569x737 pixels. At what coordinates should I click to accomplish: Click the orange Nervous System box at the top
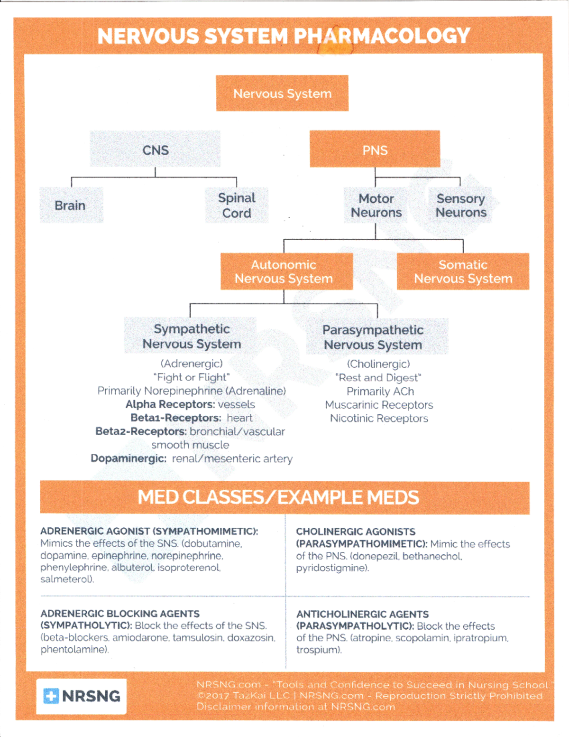click(x=282, y=93)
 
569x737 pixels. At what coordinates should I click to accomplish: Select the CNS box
click(x=156, y=149)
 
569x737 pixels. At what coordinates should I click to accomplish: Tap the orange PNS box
click(x=375, y=149)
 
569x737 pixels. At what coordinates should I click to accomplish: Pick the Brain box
click(x=71, y=205)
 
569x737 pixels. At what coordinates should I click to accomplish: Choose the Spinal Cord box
click(x=237, y=205)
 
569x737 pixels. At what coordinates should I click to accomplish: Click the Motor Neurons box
click(x=376, y=205)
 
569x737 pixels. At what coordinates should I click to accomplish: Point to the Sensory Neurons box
click(x=460, y=205)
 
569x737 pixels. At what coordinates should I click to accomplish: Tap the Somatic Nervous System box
click(x=463, y=271)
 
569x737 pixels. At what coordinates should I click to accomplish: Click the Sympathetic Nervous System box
click(x=191, y=336)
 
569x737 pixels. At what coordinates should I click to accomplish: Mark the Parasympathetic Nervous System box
click(x=374, y=337)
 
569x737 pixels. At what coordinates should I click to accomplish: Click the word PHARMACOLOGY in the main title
click(x=382, y=36)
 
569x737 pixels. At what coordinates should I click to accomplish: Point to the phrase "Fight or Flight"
click(x=191, y=377)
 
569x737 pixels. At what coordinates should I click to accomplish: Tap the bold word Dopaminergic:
click(x=128, y=459)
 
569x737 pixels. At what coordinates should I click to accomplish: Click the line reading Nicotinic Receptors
click(x=379, y=419)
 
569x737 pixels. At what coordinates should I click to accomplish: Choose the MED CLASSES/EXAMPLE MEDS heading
click(x=278, y=497)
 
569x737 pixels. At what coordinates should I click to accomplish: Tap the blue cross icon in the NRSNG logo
click(x=51, y=696)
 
